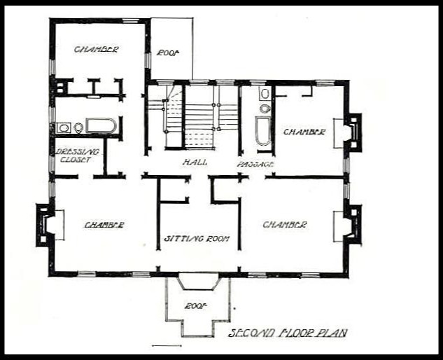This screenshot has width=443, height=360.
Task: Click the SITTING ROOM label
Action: click(x=197, y=239)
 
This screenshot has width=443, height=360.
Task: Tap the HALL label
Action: click(x=195, y=162)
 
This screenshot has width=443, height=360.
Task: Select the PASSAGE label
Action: click(x=255, y=164)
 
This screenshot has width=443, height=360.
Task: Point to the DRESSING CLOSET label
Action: click(x=76, y=155)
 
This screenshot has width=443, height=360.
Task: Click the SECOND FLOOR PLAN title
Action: click(x=288, y=333)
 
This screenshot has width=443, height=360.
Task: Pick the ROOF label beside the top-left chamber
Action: click(x=169, y=53)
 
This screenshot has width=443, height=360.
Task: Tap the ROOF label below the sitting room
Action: click(x=195, y=306)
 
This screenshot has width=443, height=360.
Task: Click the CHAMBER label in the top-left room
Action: click(x=96, y=49)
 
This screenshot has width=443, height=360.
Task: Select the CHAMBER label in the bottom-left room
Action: click(x=104, y=225)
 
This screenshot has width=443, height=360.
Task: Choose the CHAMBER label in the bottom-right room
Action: click(x=285, y=225)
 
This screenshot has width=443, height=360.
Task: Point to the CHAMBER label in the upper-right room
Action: click(x=304, y=132)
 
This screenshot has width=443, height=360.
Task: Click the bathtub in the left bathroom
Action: click(x=101, y=125)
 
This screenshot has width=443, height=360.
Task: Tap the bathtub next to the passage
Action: click(x=263, y=131)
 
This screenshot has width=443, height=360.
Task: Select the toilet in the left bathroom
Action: click(x=78, y=128)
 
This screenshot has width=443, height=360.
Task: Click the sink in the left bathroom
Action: click(x=64, y=128)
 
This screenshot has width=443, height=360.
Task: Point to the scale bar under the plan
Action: click(x=167, y=345)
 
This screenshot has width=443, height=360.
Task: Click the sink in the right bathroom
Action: click(x=265, y=94)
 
